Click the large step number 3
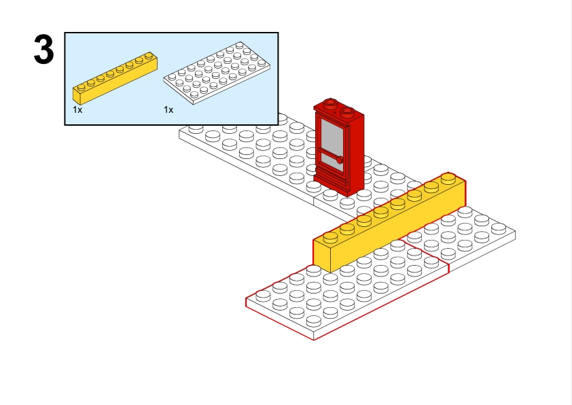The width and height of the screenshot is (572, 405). click(x=43, y=49)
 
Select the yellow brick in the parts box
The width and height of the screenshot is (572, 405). click(x=115, y=77)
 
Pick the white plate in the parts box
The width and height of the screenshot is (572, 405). click(x=217, y=73)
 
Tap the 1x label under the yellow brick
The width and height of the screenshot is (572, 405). click(x=77, y=109)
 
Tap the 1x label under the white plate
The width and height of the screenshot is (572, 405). click(x=168, y=109)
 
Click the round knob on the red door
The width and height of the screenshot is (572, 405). click(x=340, y=160)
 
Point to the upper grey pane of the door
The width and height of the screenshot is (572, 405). click(x=332, y=135)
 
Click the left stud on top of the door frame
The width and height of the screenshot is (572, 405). click(x=330, y=103)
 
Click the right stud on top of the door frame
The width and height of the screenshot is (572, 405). click(x=346, y=111)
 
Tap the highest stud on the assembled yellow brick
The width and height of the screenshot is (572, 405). click(x=448, y=178)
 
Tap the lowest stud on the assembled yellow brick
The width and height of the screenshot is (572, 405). click(x=330, y=237)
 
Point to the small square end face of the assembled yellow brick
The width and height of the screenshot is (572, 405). click(x=322, y=254)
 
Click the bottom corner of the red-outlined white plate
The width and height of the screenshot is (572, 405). click(x=314, y=340)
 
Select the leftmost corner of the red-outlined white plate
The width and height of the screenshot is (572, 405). click(x=246, y=299)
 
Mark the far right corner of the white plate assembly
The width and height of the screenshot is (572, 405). click(x=516, y=230)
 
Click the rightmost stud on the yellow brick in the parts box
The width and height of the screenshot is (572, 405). click(x=149, y=56)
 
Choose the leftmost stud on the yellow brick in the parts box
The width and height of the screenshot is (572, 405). click(x=82, y=87)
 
